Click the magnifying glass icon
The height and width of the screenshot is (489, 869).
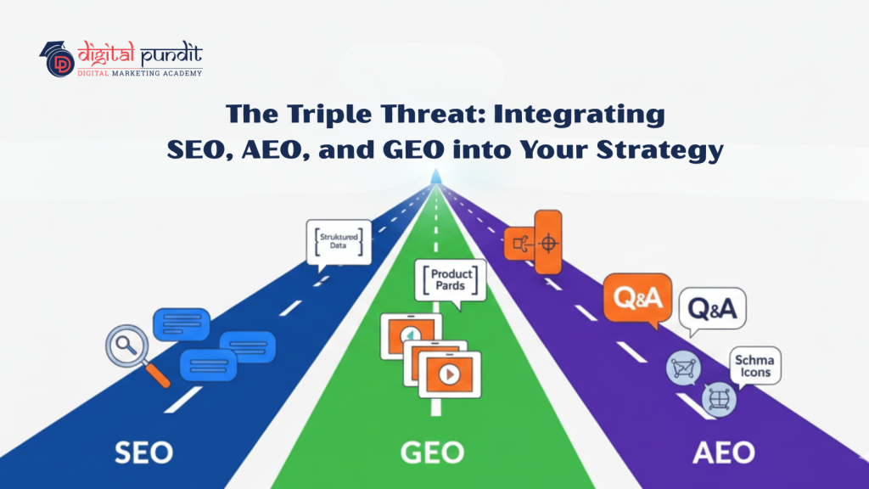coord(129,351)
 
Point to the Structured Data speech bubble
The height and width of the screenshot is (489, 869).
coord(339,241)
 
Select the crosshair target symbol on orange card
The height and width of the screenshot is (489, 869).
coord(548,243)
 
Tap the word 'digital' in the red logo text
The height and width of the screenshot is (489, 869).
coord(106,56)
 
